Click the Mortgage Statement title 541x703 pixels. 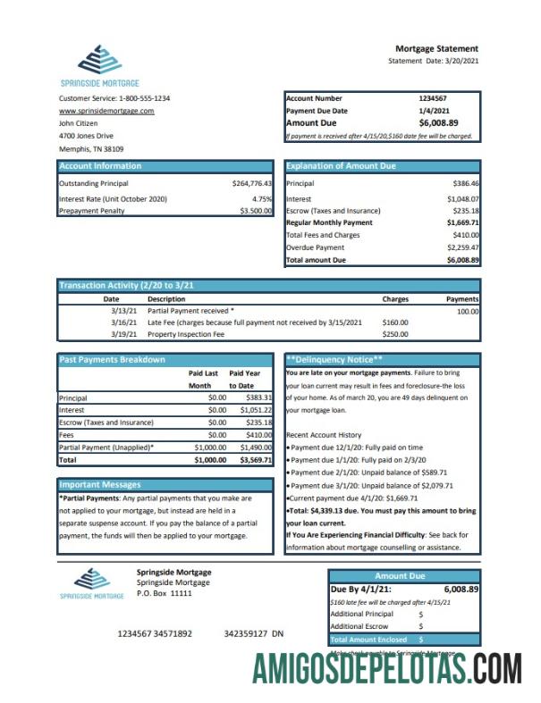click(436, 48)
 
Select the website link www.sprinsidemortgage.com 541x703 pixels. click(106, 111)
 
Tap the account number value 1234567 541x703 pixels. click(433, 98)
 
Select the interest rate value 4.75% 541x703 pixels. click(261, 198)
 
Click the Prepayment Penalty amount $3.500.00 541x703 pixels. click(256, 211)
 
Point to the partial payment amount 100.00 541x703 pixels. click(467, 311)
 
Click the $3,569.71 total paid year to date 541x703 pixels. click(256, 459)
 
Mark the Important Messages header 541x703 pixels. click(99, 484)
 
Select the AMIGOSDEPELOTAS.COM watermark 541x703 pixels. click(386, 669)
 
